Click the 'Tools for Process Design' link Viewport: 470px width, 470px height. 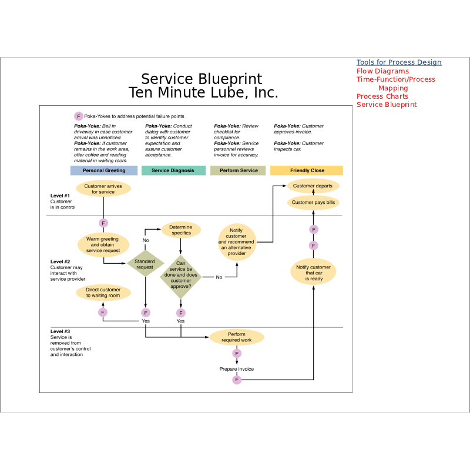pos(398,62)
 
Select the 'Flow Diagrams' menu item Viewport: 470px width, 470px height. pos(382,71)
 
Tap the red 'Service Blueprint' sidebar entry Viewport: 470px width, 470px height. pos(387,105)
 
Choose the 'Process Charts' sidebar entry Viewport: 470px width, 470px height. pos(382,96)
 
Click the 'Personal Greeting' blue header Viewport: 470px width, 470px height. pos(104,170)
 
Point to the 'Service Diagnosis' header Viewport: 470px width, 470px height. pos(173,170)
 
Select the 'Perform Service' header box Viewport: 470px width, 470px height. pos(238,170)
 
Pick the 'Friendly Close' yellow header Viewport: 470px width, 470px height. pos(307,170)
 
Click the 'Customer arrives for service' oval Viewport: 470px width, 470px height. pos(103,189)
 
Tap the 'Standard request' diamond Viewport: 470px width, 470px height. pos(145,264)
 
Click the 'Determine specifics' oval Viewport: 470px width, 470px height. pos(181,230)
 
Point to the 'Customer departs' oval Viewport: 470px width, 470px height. pos(313,186)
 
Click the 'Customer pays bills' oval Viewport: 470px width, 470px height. pos(313,203)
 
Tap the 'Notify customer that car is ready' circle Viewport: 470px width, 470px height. pos(313,273)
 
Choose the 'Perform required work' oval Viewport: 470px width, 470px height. pos(236,337)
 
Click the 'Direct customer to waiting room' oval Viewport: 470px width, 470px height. pos(103,293)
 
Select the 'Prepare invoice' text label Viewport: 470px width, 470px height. pos(236,369)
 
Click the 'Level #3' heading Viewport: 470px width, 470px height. pos(61,331)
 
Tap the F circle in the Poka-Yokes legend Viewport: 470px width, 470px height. pos(78,116)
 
